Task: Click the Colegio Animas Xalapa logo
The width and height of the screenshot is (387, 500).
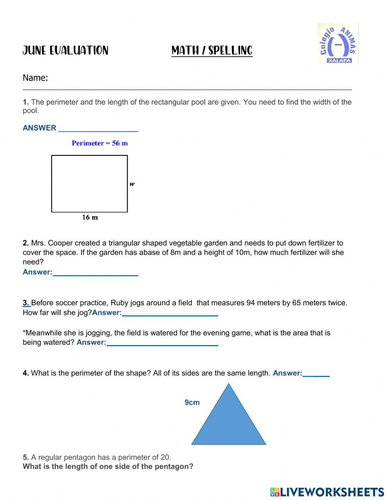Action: [x=338, y=43]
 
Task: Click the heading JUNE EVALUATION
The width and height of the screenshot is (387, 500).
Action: [x=65, y=51]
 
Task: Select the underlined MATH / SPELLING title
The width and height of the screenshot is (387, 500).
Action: [x=212, y=51]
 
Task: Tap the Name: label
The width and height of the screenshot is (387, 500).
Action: [x=35, y=78]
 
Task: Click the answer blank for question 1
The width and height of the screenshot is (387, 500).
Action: [x=98, y=129]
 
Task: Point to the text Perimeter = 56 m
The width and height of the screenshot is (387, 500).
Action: [x=99, y=143]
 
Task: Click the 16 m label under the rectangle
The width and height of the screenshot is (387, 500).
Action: [x=90, y=218]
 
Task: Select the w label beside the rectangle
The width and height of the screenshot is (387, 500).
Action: [x=132, y=184]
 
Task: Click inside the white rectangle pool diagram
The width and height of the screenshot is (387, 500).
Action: [x=89, y=184]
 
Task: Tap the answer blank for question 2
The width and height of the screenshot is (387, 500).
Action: [x=95, y=273]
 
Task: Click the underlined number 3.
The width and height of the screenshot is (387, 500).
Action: [x=26, y=303]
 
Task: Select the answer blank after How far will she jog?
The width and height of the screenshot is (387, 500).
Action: [x=170, y=313]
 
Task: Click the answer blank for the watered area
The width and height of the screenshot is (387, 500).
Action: [x=162, y=343]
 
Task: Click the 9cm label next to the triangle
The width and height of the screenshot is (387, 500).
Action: [x=192, y=402]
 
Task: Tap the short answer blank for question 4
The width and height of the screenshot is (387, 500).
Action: [x=316, y=374]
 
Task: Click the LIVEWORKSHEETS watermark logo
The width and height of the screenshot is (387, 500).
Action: [x=327, y=491]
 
